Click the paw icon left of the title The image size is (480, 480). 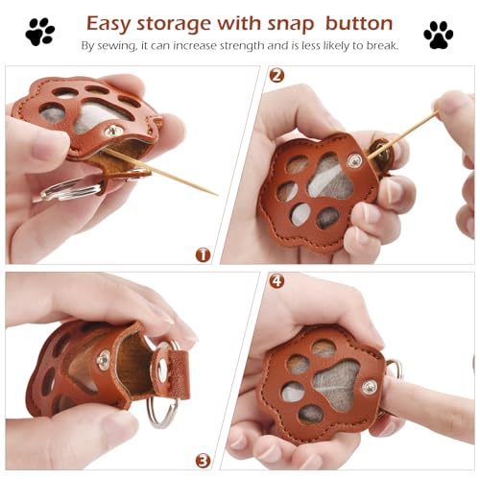click(40, 33)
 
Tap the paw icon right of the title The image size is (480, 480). click(438, 35)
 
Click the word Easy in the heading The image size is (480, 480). click(112, 23)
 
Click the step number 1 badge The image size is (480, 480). click(203, 254)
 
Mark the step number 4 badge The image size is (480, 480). click(277, 281)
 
